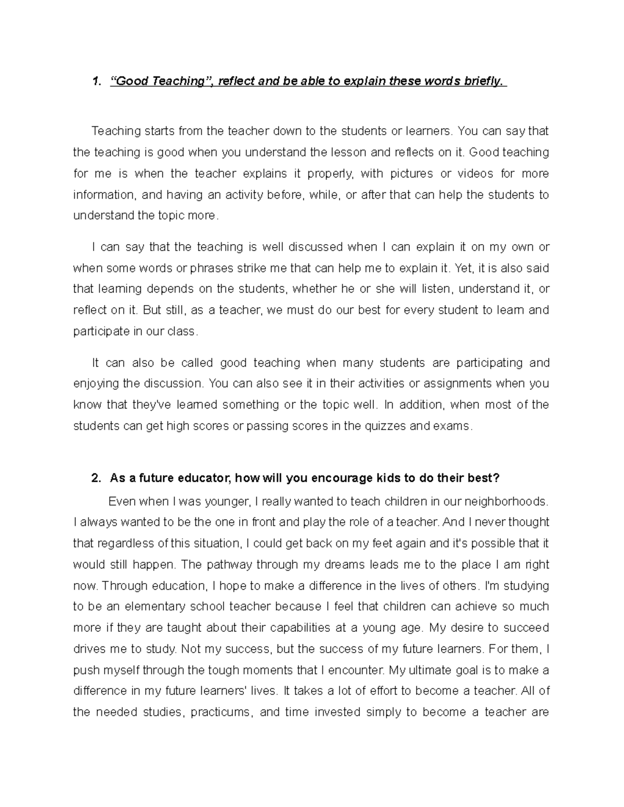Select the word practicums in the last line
point(222,712)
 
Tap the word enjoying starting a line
point(96,384)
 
